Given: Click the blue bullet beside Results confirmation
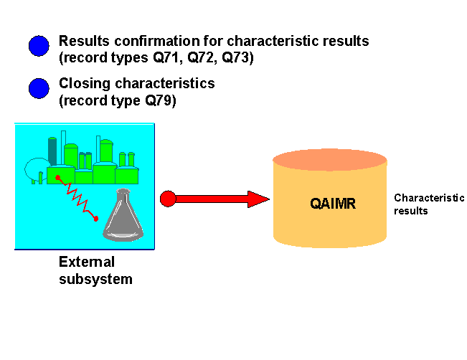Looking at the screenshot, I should (39, 47).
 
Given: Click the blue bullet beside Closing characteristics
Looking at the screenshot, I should (39, 88).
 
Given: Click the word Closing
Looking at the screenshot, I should (82, 83).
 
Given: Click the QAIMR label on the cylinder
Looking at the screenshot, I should (333, 203).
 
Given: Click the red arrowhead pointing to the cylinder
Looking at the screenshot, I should (257, 199).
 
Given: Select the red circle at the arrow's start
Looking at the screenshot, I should (168, 199).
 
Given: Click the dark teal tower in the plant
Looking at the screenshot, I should (52, 150).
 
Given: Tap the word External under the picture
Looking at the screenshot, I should (86, 262).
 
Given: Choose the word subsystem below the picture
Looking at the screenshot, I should (95, 279).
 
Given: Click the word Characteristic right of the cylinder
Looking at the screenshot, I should (429, 198).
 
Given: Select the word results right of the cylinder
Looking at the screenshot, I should (411, 211).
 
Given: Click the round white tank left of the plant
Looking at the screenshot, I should (35, 170).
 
